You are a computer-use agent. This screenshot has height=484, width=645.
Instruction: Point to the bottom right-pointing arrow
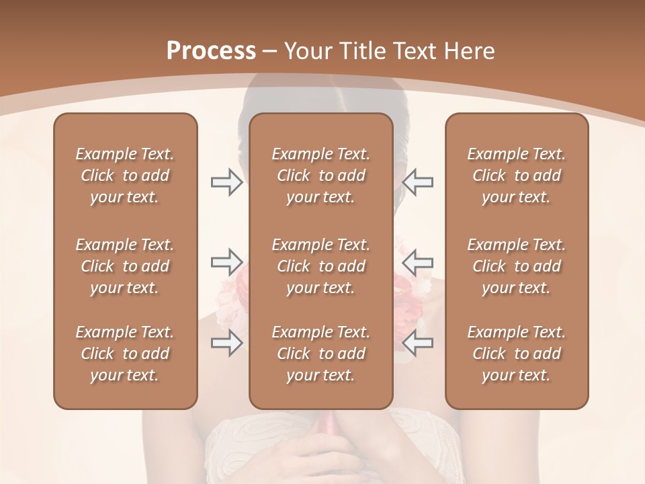click(226, 343)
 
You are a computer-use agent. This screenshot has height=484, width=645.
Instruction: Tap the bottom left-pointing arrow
click(418, 343)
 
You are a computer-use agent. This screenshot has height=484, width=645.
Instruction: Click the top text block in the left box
click(125, 175)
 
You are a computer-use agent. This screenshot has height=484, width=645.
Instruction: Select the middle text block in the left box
click(125, 266)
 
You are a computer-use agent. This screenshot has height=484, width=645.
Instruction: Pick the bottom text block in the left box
click(125, 354)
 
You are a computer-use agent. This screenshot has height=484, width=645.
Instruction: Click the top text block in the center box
click(321, 175)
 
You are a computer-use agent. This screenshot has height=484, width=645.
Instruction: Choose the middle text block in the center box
click(321, 266)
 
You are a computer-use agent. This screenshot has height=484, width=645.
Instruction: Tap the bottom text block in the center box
click(321, 354)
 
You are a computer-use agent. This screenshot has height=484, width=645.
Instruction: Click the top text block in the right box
click(517, 175)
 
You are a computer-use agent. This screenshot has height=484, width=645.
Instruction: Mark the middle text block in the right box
click(517, 266)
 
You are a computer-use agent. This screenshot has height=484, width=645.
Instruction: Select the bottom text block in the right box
click(517, 354)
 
